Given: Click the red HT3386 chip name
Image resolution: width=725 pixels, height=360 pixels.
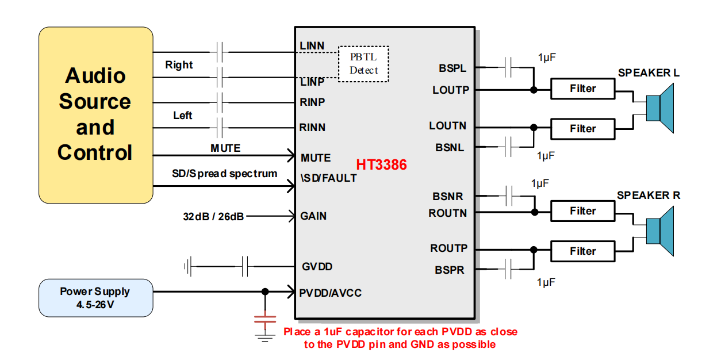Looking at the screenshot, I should coord(381,165).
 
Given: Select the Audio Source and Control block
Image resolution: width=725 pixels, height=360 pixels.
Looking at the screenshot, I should coord(95,114).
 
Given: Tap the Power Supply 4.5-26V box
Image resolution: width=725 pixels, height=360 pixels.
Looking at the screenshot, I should coord(95,297).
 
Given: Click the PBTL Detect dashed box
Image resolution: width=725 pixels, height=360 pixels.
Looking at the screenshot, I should coord(363,63).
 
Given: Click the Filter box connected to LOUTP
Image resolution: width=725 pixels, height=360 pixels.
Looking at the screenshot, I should coord(582,89).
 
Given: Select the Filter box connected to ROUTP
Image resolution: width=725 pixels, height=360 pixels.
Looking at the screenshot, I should coord(582,251).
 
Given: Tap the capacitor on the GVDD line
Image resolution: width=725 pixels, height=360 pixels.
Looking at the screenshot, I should coord(245,266).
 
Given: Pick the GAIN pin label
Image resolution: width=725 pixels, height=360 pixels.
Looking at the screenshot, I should coord(313,216).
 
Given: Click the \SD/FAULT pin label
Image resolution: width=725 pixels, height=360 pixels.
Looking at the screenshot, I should coord(328,178).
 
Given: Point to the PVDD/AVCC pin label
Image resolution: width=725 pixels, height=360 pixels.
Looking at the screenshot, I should coord(331,293).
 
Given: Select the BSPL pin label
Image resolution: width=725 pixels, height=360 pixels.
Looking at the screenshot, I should coord(452,68).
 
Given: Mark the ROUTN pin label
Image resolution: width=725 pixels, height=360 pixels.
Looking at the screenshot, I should coord(448,213).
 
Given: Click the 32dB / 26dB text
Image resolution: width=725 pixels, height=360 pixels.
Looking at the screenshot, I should coord(213,217).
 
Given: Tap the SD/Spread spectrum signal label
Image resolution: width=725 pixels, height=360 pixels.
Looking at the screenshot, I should coord(224,174).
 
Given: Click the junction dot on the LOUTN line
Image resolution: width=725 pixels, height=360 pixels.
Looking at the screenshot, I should coord(534,128).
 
